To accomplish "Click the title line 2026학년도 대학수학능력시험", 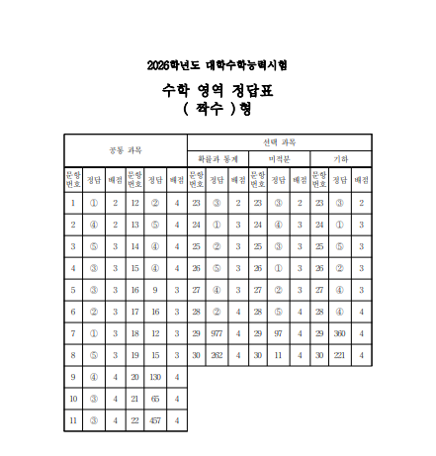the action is (218, 65).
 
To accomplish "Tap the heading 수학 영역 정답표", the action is (218, 90).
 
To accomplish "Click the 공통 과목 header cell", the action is (126, 150).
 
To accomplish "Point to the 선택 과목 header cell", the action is (279, 141).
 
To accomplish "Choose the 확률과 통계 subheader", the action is (218, 158).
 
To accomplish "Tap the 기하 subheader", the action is (340, 158).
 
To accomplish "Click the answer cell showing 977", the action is (217, 333).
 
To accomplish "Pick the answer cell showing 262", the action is (217, 354).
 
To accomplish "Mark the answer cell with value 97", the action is (278, 333).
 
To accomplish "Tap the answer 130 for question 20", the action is (155, 376).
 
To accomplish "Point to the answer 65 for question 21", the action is (155, 398).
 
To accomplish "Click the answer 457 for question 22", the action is (155, 419).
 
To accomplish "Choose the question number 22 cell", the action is (134, 419).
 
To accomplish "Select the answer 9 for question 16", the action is (155, 290).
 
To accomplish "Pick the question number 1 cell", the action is (73, 203).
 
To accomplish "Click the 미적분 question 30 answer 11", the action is (278, 354).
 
